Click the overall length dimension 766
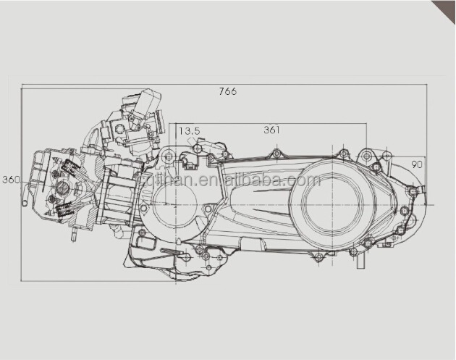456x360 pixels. point(227,91)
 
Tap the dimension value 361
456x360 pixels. point(271,130)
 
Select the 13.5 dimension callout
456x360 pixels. point(189,131)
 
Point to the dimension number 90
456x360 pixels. point(416,164)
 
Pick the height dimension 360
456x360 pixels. point(11,180)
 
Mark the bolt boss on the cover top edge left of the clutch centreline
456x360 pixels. point(275,154)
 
